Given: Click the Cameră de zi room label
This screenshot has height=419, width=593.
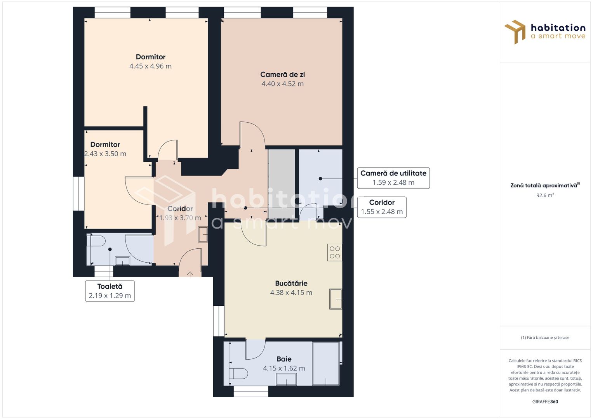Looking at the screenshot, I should pyautogui.click(x=282, y=74).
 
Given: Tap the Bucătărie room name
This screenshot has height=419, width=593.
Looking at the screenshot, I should pyautogui.click(x=291, y=283).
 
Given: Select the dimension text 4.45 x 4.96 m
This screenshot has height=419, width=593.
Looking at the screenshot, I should pyautogui.click(x=150, y=66).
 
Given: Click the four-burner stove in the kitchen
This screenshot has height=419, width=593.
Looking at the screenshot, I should pyautogui.click(x=334, y=252).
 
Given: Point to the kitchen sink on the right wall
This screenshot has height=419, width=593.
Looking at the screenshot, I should pyautogui.click(x=336, y=299).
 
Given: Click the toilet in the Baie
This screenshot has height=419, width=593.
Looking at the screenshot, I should pyautogui.click(x=238, y=374).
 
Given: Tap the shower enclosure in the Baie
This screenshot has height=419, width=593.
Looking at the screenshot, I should pyautogui.click(x=326, y=364).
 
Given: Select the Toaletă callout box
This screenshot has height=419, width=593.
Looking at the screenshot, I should pyautogui.click(x=110, y=291).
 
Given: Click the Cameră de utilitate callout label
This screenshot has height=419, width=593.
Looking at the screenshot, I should pyautogui.click(x=393, y=178).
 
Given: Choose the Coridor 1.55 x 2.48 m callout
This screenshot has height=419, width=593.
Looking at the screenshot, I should pyautogui.click(x=382, y=207).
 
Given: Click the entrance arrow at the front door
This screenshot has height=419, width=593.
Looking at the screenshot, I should pyautogui.click(x=190, y=274).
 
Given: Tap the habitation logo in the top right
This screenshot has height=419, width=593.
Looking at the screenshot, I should pyautogui.click(x=545, y=32).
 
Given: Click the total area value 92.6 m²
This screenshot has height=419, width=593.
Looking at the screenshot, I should pyautogui.click(x=545, y=196).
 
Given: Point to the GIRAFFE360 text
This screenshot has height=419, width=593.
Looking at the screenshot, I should pyautogui.click(x=545, y=402).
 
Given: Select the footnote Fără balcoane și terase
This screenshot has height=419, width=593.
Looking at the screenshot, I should pyautogui.click(x=545, y=338).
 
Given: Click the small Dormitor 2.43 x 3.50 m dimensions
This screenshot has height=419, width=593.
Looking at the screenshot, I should pyautogui.click(x=105, y=154).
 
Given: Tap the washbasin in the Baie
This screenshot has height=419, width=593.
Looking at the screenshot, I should pyautogui.click(x=286, y=379).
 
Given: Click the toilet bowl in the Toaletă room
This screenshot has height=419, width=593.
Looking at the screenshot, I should pyautogui.click(x=97, y=241).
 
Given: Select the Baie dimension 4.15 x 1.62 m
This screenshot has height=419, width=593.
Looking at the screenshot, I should pyautogui.click(x=284, y=369).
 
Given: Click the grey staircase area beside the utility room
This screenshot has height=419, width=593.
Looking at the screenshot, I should pyautogui.click(x=282, y=182).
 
